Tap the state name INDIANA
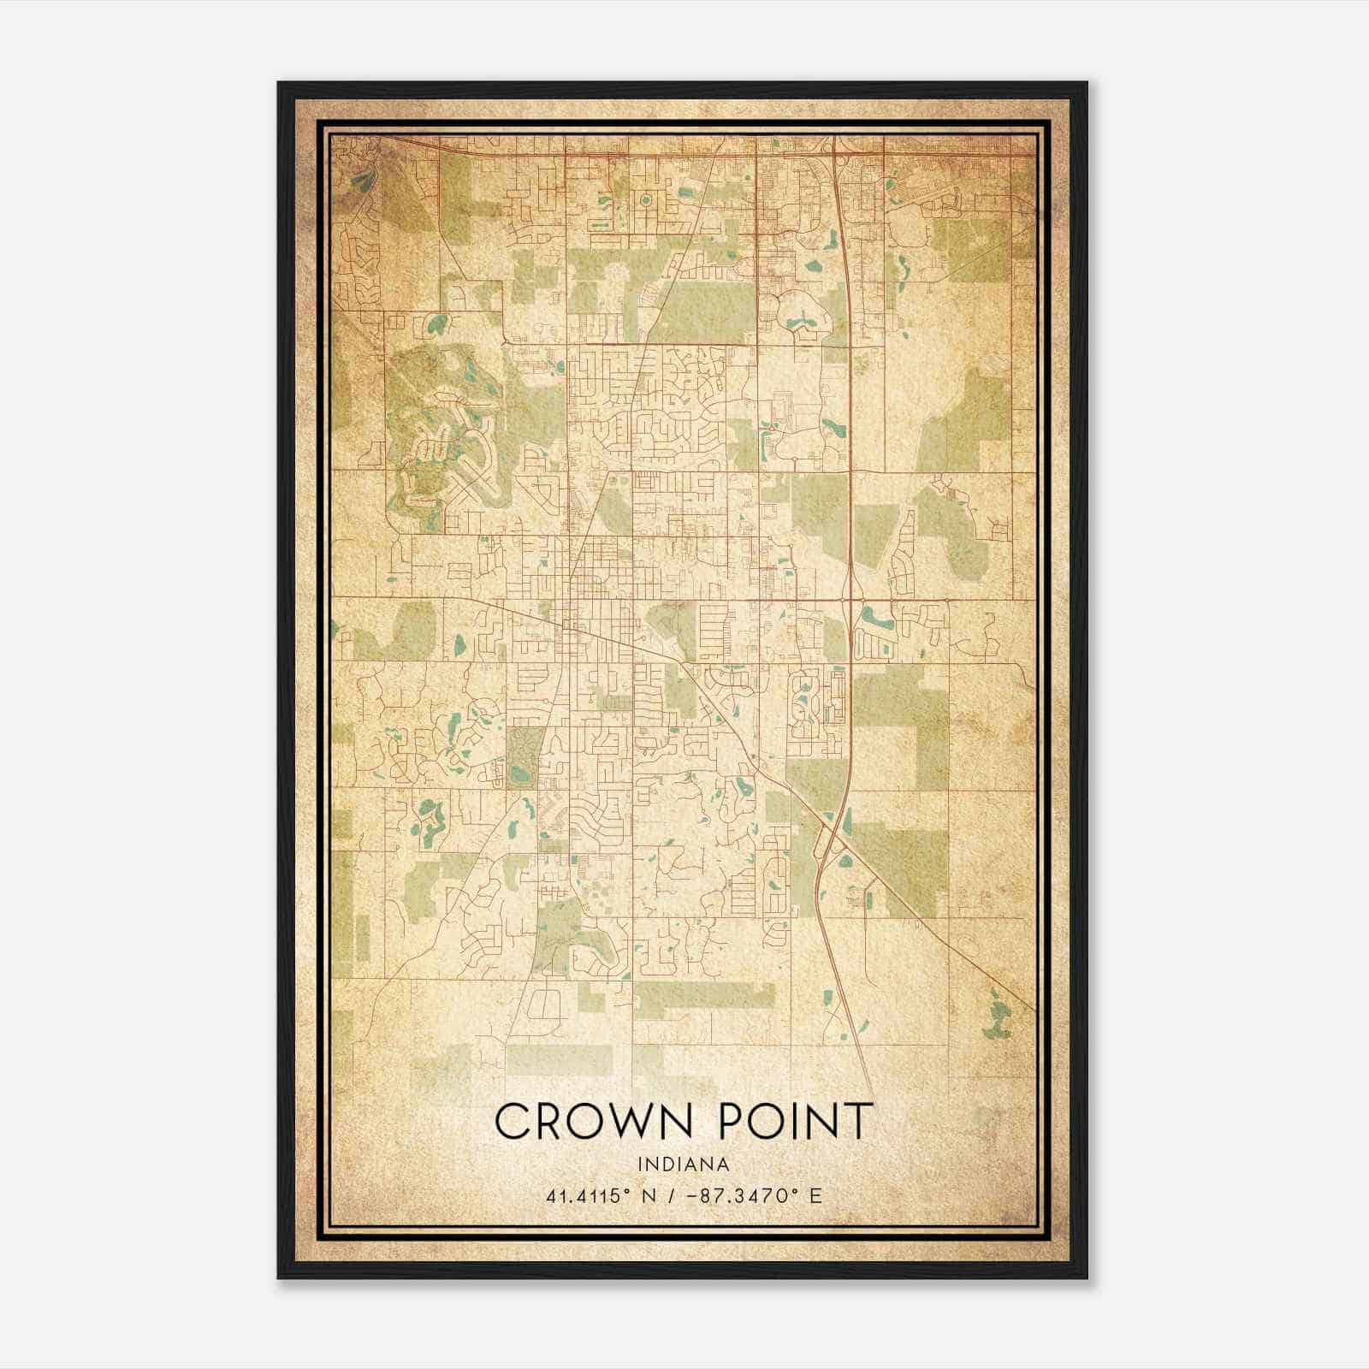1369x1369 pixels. pyautogui.click(x=683, y=1165)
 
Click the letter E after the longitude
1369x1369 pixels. pyautogui.click(x=815, y=1195)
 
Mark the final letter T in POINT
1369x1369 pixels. pyautogui.click(x=860, y=1121)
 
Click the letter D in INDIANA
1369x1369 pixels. pyautogui.click(x=670, y=1165)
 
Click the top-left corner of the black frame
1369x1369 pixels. pyautogui.click(x=279, y=83)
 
